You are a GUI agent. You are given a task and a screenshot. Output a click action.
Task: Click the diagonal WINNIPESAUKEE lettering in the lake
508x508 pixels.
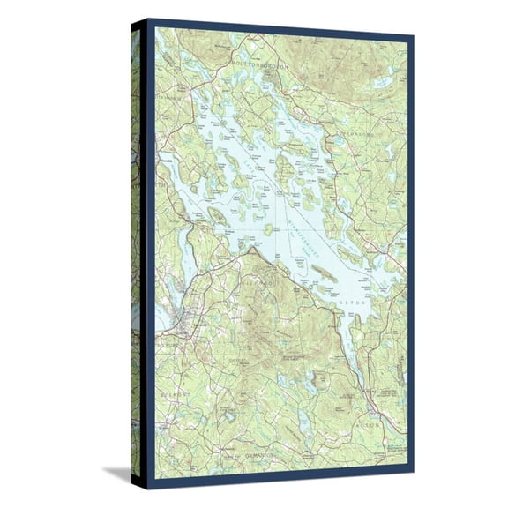[300, 231]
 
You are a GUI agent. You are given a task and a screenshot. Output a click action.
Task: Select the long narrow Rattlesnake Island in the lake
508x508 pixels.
[323, 274]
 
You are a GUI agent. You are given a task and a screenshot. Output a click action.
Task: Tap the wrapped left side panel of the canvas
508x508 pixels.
[136, 256]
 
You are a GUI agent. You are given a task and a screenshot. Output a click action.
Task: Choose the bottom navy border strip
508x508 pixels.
[280, 482]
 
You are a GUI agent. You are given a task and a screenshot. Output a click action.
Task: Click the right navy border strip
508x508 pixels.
[409, 256]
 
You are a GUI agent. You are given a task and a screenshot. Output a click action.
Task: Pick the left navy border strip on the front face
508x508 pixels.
[151, 256]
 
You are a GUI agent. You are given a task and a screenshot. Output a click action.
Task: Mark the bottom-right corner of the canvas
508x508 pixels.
[412, 486]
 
